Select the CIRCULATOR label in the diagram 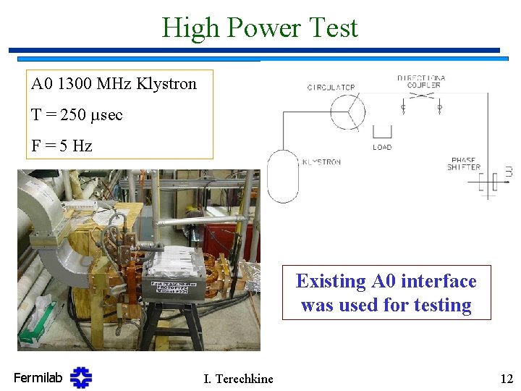pyautogui.click(x=331, y=88)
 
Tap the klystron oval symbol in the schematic pyautogui.click(x=282, y=175)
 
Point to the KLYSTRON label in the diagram pyautogui.click(x=321, y=162)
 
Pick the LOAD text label pyautogui.click(x=382, y=147)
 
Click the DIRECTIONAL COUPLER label pyautogui.click(x=421, y=81)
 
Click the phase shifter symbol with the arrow pyautogui.click(x=492, y=181)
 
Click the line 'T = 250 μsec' pyautogui.click(x=77, y=114)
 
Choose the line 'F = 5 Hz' pyautogui.click(x=62, y=146)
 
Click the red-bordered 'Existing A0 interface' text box pyautogui.click(x=386, y=293)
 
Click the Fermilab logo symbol pyautogui.click(x=81, y=377)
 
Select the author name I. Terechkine pyautogui.click(x=238, y=378)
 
